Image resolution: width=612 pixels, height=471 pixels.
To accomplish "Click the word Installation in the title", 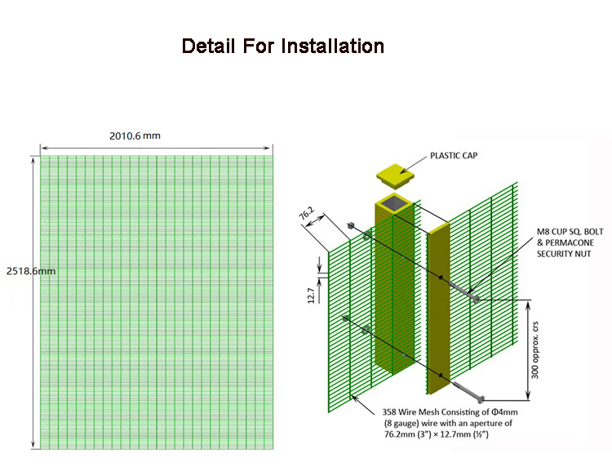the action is coord(333,46).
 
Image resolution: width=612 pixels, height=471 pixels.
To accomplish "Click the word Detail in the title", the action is coord(208,46).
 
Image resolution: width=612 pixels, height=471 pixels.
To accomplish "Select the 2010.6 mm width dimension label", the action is coord(135,136).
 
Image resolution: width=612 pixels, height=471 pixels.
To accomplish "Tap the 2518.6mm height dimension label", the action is coord(31,271).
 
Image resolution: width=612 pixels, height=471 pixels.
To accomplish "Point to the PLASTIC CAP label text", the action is coord(454,155).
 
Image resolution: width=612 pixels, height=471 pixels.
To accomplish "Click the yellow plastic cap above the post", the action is coord(396,176).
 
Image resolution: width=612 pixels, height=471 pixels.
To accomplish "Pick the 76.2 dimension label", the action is coord(306,213).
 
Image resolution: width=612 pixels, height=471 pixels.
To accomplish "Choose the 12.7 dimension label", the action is coord(311,295).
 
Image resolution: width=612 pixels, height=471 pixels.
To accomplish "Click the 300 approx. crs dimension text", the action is coord(534,350).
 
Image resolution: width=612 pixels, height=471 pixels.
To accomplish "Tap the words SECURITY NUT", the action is coord(564,254).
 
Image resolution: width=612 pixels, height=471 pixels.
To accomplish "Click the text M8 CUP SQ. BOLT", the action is coord(570,232).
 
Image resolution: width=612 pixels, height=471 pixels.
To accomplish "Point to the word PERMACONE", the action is coord(570,242).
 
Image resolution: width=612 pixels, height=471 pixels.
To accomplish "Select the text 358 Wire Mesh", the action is coord(410,411).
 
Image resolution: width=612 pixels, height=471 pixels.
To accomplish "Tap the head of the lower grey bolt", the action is coord(481,399).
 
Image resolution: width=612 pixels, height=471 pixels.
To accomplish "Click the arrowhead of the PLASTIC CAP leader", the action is coord(402,171).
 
